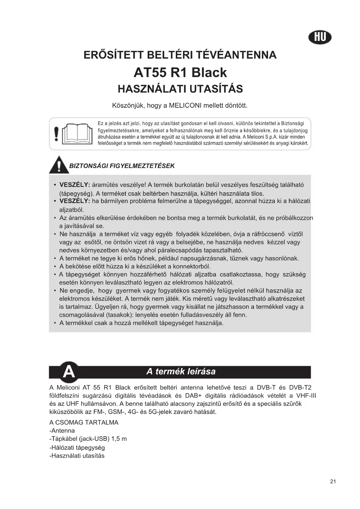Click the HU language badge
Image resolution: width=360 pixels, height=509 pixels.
click(320, 37)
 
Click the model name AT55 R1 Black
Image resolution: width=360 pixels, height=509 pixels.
click(180, 73)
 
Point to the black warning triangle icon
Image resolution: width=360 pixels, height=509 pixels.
click(59, 165)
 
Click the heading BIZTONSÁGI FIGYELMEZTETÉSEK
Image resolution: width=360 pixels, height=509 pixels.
click(122, 166)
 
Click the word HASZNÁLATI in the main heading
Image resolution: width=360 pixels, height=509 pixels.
click(153, 89)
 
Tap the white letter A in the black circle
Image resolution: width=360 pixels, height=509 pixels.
click(69, 371)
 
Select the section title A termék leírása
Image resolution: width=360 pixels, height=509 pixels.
click(181, 371)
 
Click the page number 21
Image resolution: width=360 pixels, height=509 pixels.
click(333, 481)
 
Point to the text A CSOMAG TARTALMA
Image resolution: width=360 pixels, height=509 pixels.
click(84, 422)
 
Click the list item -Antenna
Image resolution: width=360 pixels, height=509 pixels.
click(62, 431)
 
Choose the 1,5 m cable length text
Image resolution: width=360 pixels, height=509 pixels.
click(119, 439)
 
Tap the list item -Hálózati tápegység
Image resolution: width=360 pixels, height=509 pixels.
click(77, 447)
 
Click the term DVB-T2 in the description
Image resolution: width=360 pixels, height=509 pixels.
click(300, 387)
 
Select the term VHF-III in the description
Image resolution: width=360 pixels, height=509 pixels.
click(306, 396)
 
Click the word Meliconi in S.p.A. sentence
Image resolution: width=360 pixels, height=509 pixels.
click(255, 137)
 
